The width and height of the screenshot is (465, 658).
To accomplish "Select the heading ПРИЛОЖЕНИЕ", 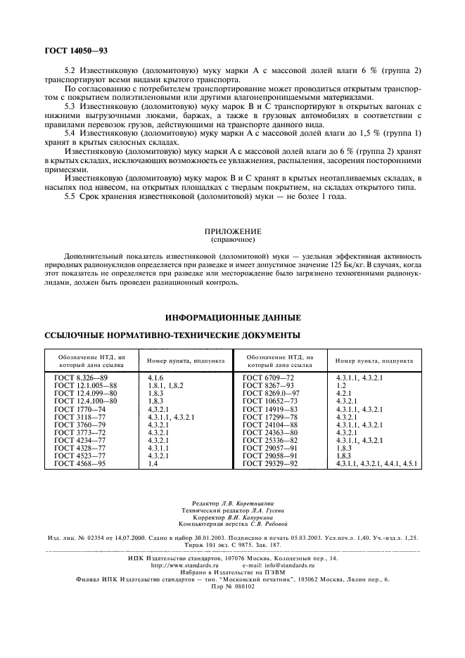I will click(232, 231).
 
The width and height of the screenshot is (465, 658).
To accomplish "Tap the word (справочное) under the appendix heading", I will click(232, 239).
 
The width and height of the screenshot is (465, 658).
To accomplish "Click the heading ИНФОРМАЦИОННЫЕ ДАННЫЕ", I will click(232, 317).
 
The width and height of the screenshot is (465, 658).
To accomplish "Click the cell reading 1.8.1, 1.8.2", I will click(166, 386).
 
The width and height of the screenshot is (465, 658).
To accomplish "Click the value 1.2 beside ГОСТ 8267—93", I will click(342, 386).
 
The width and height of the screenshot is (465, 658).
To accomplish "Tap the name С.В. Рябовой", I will click(265, 524).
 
